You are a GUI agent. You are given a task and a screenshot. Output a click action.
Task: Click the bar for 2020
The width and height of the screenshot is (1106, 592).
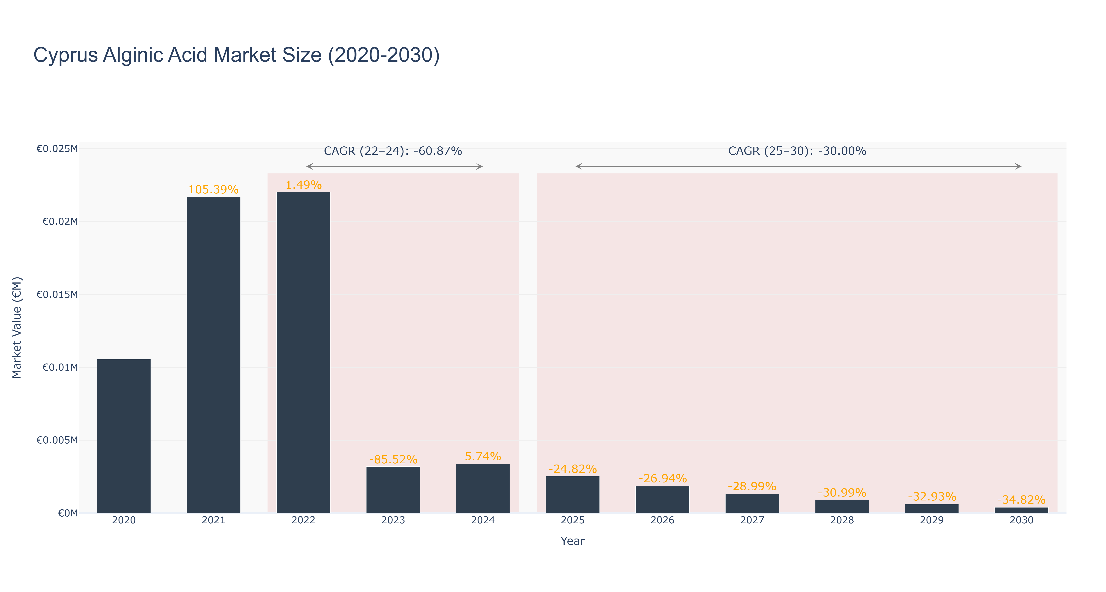pos(124,436)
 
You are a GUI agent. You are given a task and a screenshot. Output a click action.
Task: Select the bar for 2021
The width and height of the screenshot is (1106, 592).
pos(213,355)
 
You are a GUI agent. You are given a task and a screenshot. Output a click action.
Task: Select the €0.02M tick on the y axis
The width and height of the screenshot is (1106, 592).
pos(60,221)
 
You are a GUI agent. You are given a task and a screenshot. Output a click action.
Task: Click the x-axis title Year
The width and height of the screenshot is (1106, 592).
pos(572,541)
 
